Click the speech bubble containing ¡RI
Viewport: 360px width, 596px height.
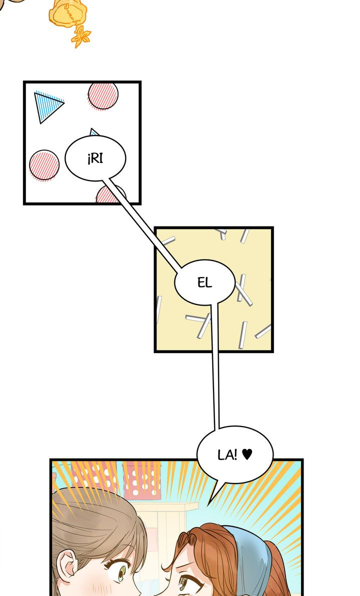coord(95,158)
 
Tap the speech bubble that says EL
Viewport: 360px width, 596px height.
coord(204,282)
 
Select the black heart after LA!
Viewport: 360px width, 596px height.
coord(247,454)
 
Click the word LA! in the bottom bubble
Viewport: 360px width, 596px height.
coord(227,454)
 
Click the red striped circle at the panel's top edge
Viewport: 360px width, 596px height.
coord(103,95)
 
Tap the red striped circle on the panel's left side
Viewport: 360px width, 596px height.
coord(44,164)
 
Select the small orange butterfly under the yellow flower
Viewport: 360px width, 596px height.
coord(81,37)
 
